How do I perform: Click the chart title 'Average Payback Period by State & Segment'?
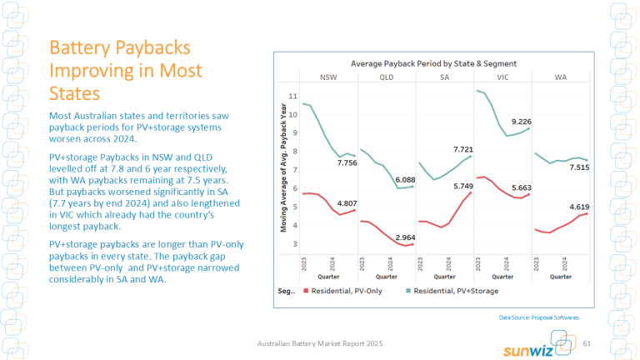pyautogui.click(x=433, y=63)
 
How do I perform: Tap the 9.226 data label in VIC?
pyautogui.click(x=522, y=122)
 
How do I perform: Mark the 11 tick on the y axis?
pyautogui.click(x=292, y=97)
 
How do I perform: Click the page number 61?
pyautogui.click(x=587, y=343)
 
